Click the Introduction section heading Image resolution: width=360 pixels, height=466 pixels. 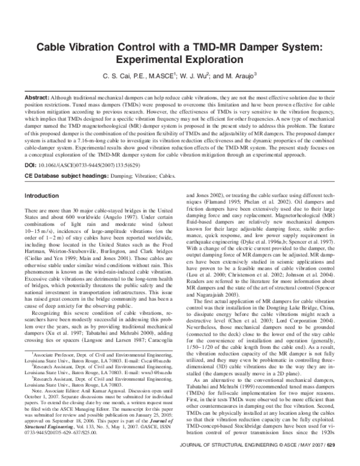pos(46,196)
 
